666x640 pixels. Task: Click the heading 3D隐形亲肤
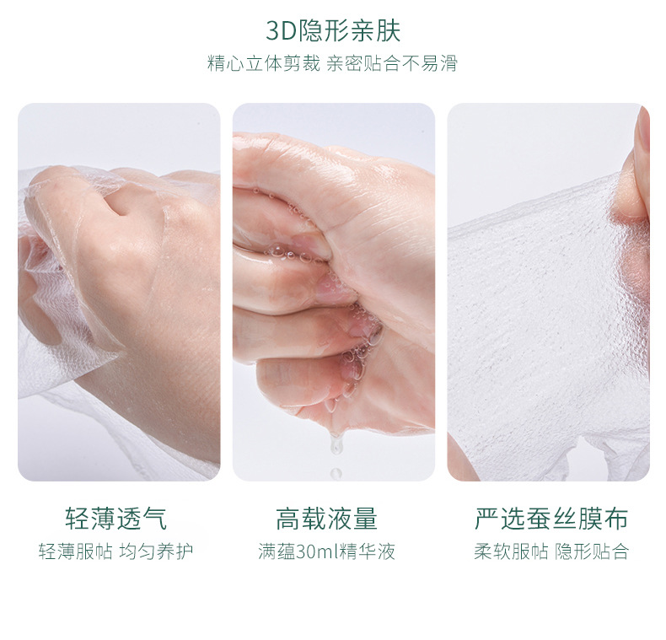point(333,30)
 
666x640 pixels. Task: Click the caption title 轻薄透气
point(116,519)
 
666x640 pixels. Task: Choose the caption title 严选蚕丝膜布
point(551,519)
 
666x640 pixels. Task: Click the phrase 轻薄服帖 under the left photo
point(73,552)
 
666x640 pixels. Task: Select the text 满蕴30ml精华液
point(327,552)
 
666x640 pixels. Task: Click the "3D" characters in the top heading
point(280,31)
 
